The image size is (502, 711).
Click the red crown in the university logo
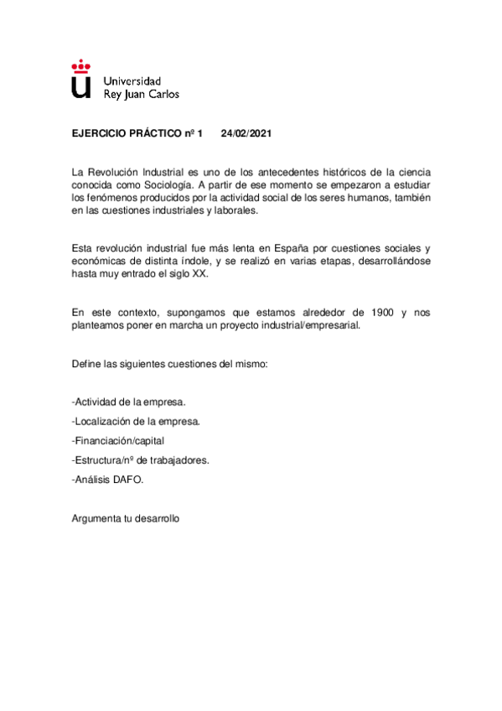[80, 64]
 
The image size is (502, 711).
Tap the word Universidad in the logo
[131, 80]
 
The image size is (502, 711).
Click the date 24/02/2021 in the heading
[246, 132]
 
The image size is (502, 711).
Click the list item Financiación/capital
[118, 441]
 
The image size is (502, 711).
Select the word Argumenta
[97, 518]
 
